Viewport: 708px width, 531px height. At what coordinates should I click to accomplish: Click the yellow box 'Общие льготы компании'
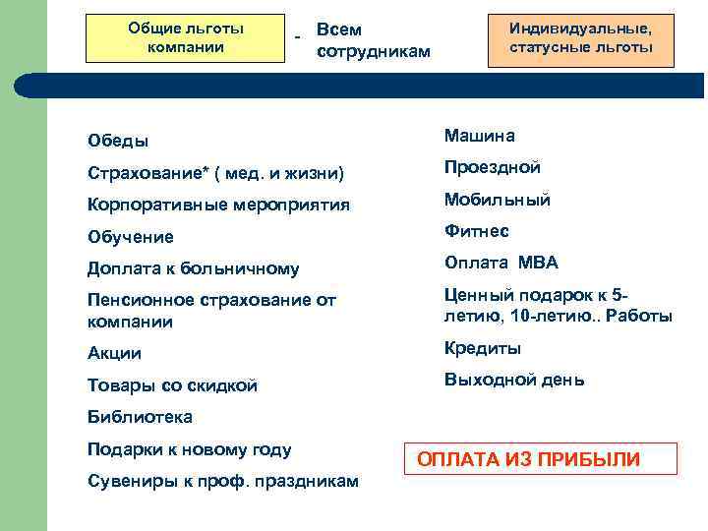tap(186, 38)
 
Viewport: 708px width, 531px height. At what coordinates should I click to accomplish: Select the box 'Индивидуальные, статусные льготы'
tap(580, 38)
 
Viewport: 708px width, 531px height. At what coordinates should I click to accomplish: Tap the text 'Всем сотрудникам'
tap(374, 40)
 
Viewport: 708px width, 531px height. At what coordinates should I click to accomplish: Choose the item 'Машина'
tap(479, 136)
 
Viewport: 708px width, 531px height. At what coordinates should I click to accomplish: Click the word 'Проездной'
tap(492, 168)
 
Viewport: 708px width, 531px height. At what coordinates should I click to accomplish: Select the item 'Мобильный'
tap(497, 200)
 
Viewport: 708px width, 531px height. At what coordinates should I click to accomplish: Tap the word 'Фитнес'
tap(476, 232)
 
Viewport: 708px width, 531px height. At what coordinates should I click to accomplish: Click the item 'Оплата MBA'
tap(501, 263)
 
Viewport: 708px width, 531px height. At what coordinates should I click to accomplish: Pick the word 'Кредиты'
tap(482, 349)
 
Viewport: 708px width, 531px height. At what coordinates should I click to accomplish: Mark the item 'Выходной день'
tap(513, 380)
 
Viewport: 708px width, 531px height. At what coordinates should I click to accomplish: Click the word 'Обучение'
tap(130, 237)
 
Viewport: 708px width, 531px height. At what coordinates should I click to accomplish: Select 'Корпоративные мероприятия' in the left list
tap(218, 206)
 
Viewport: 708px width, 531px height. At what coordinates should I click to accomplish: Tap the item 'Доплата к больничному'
tap(193, 268)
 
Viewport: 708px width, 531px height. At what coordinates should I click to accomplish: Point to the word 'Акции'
tap(114, 354)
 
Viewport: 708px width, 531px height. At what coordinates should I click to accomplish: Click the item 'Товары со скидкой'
tap(172, 386)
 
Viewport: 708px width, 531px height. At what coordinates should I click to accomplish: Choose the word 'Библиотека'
tap(140, 417)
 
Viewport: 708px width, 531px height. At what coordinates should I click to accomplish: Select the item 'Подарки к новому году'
tap(189, 450)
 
